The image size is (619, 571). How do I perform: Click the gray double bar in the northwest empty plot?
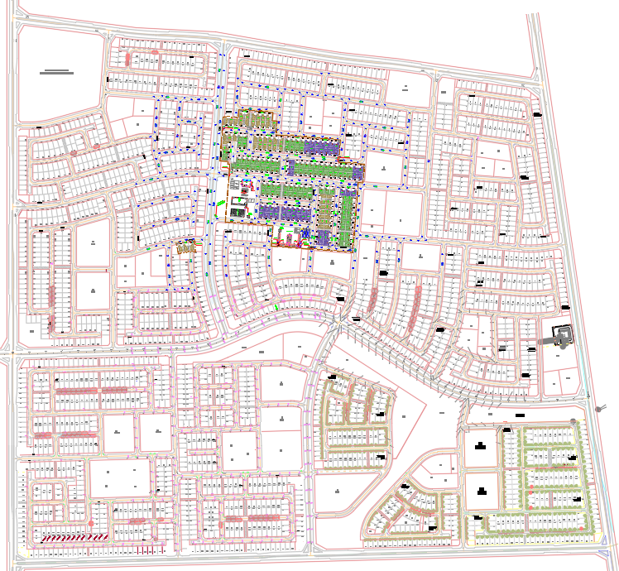[56, 73]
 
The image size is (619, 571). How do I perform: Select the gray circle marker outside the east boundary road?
[598, 408]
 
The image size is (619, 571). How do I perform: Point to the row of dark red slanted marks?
[65, 537]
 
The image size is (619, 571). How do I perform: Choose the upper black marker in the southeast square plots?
[480, 448]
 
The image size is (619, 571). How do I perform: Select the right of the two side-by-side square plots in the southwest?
[155, 433]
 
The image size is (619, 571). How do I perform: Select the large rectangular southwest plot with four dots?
[119, 479]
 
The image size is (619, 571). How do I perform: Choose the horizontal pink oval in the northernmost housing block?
[153, 53]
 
